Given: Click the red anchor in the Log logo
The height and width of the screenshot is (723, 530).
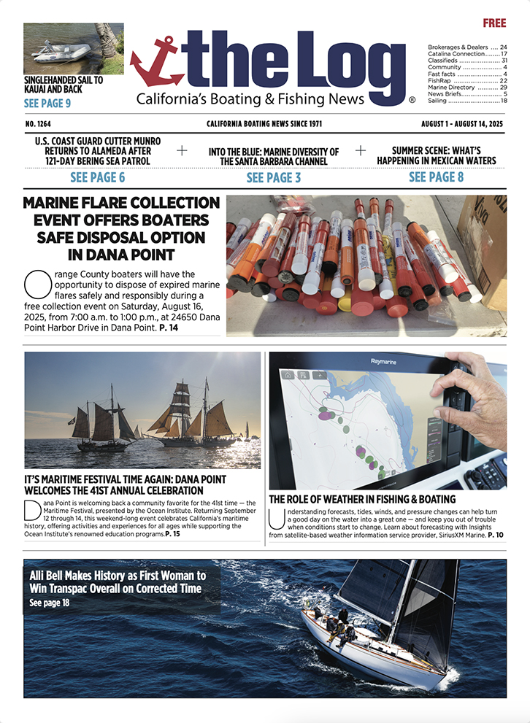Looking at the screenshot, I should [x=156, y=62].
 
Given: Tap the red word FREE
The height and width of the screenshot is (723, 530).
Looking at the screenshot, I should [x=494, y=23].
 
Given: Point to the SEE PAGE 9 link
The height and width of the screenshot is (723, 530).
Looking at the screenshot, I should [x=47, y=104].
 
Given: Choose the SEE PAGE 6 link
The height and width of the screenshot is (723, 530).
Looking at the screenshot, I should [x=97, y=177].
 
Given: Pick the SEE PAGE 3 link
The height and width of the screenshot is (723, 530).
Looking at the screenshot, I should [x=273, y=177].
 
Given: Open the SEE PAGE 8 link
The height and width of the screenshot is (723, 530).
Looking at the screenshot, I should [x=436, y=177].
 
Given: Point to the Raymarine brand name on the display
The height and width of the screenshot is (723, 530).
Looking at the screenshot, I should [x=386, y=360].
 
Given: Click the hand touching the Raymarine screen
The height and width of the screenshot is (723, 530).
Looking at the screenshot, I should [x=478, y=398].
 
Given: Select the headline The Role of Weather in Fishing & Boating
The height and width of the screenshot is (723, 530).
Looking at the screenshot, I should [x=362, y=500].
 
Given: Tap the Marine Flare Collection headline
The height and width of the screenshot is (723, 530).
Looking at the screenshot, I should [x=121, y=228].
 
